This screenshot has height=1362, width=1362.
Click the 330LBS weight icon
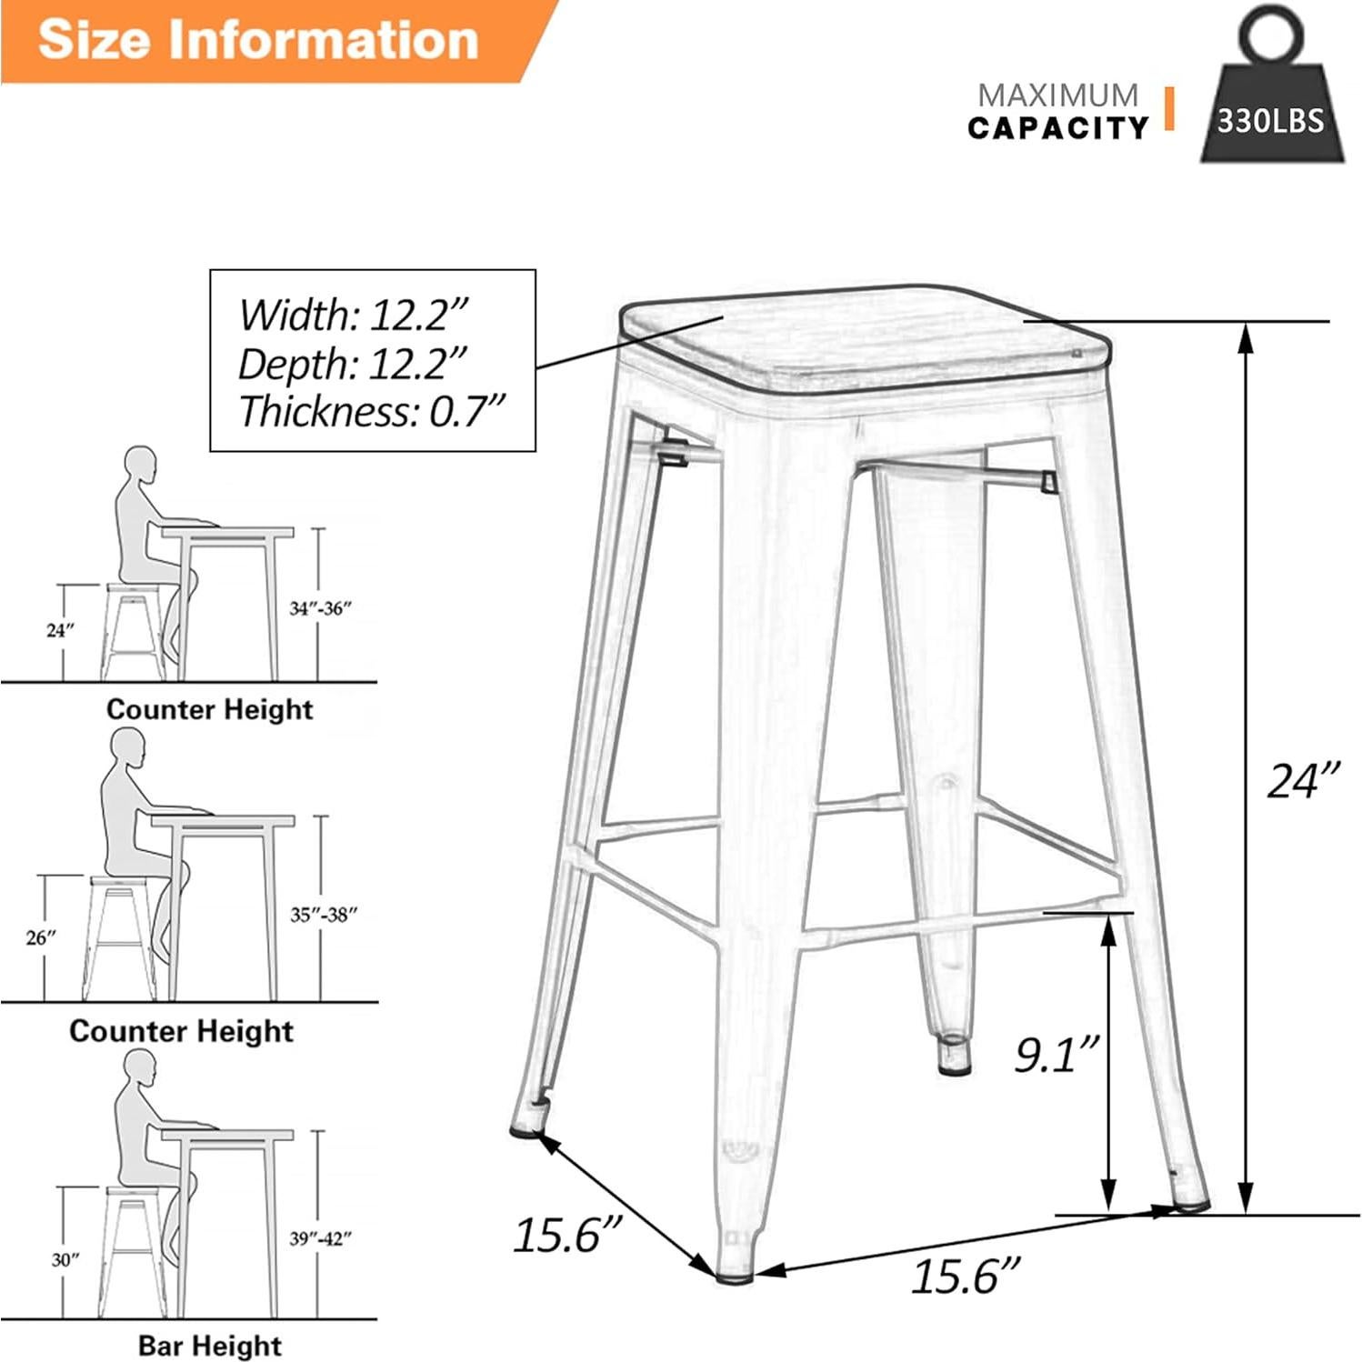point(1271,100)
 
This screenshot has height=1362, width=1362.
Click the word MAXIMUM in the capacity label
point(1057,95)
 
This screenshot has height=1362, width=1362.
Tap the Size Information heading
point(258,40)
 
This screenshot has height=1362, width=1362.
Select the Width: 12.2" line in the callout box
point(353,315)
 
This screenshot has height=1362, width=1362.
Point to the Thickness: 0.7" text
point(371,411)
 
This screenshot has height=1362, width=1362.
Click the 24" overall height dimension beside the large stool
point(1303,780)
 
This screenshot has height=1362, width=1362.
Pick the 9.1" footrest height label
point(1057,1054)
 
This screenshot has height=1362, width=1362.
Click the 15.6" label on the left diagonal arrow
point(566,1234)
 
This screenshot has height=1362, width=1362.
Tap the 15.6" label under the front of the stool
point(965,1275)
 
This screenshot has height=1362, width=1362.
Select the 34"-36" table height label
point(320,608)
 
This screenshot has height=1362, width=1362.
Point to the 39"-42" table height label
point(320,1237)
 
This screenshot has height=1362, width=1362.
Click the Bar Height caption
point(210,1345)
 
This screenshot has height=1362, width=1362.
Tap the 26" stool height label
point(40,936)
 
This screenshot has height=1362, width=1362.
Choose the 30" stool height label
point(65,1259)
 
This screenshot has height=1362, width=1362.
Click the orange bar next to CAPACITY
point(1169,109)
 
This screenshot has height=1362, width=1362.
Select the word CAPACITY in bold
point(1057,128)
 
